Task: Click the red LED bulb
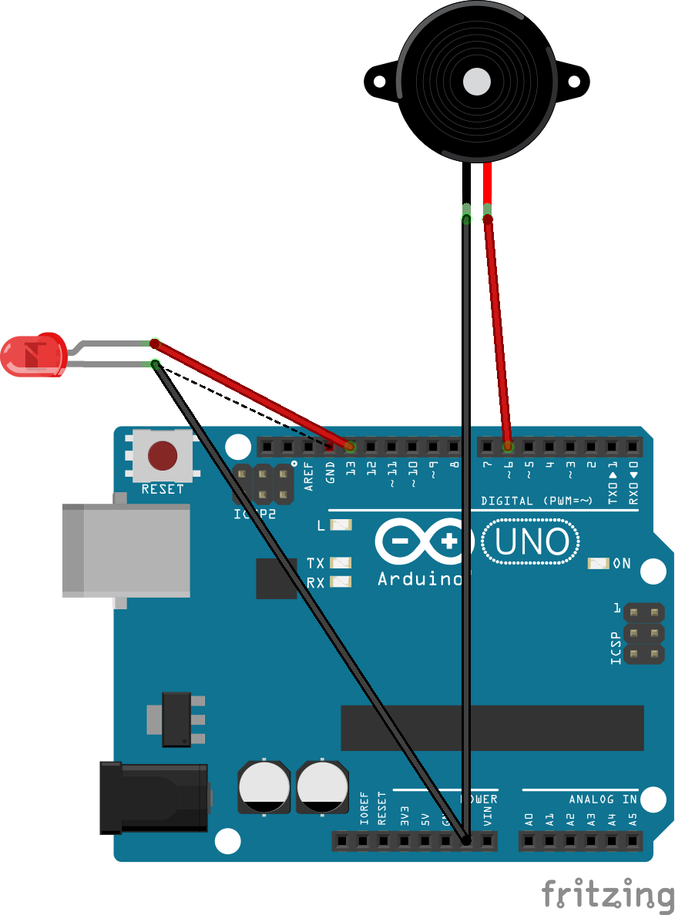pos(34,355)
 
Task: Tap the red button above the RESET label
pos(163,455)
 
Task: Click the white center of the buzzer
pos(477,80)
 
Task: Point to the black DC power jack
pos(154,798)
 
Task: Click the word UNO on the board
pos(532,542)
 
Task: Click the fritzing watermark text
pos(607,894)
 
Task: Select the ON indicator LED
pos(598,563)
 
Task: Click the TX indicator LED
pos(341,563)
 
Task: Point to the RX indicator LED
pos(341,582)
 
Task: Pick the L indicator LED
pos(341,525)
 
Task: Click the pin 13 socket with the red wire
pos(351,447)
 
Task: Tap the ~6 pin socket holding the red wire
pos(508,447)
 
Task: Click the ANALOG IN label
pos(603,799)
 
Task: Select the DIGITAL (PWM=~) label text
pos(537,501)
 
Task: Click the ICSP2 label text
pos(254,513)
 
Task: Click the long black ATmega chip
pos(492,728)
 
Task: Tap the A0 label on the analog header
pos(529,819)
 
